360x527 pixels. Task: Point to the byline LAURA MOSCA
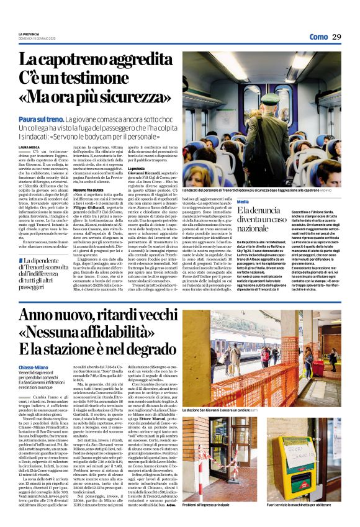[x=29, y=146]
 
